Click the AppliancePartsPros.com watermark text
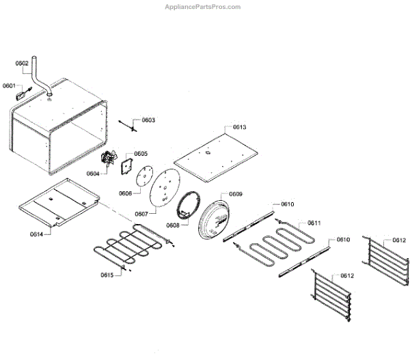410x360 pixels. [x=203, y=7]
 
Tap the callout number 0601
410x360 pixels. [x=9, y=85]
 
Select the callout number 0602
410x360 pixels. [x=22, y=63]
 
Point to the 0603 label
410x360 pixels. [x=148, y=120]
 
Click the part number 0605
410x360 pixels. [x=141, y=154]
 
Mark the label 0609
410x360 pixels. [x=235, y=194]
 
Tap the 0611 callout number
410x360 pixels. [x=314, y=223]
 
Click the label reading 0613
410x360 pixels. [x=239, y=127]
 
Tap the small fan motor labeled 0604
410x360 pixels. [x=107, y=161]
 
